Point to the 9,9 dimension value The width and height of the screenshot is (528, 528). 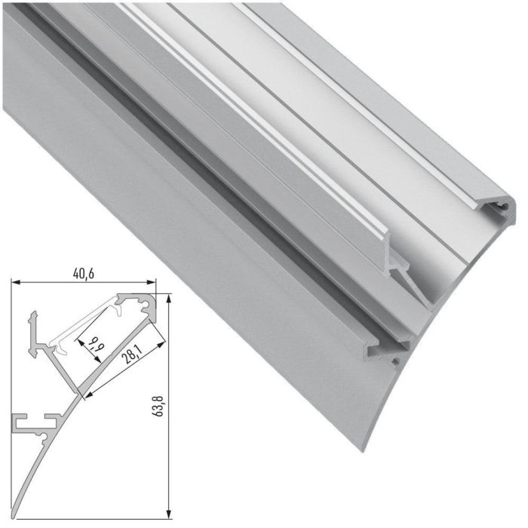click(x=92, y=348)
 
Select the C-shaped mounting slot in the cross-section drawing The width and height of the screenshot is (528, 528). click(x=34, y=422)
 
